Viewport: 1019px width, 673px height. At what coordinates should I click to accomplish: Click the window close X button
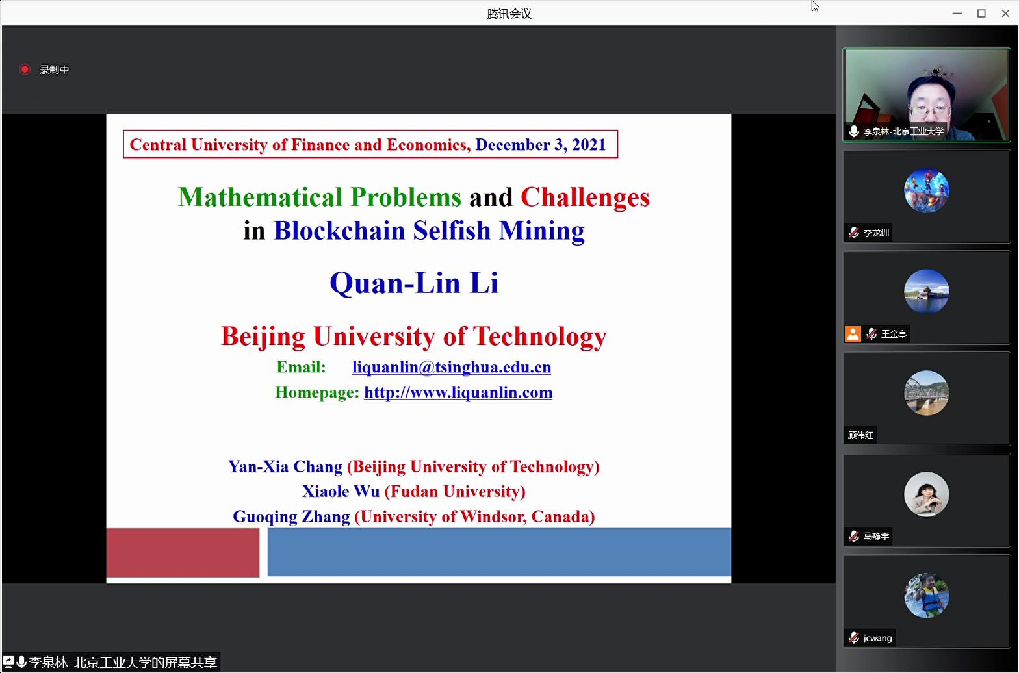tap(1005, 14)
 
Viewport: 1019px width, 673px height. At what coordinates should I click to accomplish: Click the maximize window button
tap(981, 14)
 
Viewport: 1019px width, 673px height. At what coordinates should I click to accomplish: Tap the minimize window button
tap(957, 14)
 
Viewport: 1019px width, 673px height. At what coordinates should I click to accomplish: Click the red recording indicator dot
tap(25, 69)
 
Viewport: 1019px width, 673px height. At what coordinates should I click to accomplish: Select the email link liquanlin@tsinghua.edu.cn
tap(451, 367)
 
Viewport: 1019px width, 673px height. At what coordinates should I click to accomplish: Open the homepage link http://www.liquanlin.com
tap(458, 392)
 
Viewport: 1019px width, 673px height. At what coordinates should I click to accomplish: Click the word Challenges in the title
tap(585, 197)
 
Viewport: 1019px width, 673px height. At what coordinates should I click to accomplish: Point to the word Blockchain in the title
tap(339, 230)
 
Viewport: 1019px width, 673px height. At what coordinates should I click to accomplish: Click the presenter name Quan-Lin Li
tap(414, 283)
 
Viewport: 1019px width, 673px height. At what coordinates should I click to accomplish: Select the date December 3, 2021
tap(541, 145)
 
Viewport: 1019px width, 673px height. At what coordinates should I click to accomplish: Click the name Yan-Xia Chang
tap(285, 466)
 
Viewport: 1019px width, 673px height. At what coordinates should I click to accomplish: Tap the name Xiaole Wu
tap(341, 491)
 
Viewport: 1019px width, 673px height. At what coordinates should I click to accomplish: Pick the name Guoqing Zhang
tap(291, 516)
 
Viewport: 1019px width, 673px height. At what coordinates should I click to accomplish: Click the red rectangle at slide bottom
tap(183, 552)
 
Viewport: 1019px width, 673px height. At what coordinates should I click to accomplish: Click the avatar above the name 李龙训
tap(926, 190)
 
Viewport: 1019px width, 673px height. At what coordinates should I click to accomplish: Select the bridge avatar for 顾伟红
tap(926, 393)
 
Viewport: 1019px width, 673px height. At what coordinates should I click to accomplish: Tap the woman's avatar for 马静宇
tap(926, 494)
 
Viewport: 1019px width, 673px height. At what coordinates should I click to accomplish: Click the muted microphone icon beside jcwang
tap(854, 637)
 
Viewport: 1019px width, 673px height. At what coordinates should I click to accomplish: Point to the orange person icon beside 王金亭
tap(853, 334)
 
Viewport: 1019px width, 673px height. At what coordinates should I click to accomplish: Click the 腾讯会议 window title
tap(509, 14)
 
